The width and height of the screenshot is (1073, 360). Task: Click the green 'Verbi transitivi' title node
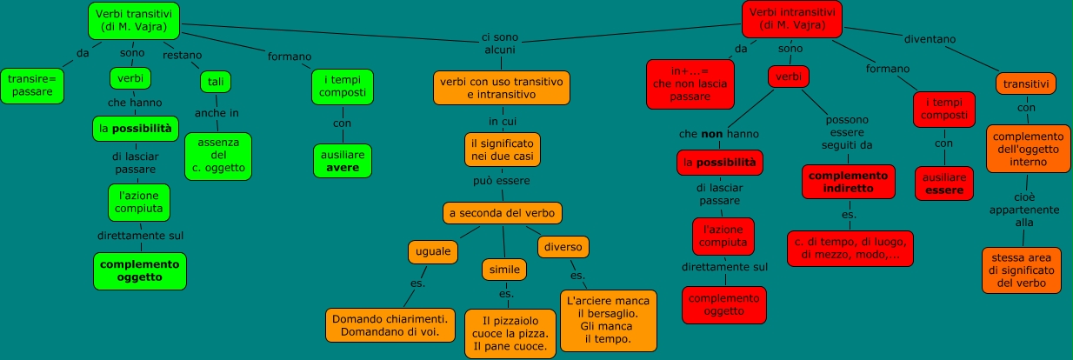point(133,21)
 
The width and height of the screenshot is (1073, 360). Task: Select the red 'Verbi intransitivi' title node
point(794,19)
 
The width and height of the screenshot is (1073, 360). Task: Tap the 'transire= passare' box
point(31,85)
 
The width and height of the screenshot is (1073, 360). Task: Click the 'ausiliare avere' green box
point(342,161)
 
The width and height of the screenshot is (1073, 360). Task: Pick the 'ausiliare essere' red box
point(943,183)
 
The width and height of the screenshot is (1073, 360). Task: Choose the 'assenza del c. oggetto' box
point(218,156)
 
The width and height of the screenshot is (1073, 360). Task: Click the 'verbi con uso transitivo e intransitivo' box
point(502,88)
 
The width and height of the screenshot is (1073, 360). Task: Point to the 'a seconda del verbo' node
point(502,212)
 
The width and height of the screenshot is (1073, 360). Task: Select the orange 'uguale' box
point(433,251)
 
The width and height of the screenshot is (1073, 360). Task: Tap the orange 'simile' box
point(504,270)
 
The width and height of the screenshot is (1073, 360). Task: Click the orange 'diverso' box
point(563,246)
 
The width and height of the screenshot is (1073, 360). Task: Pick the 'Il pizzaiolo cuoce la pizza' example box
point(510,334)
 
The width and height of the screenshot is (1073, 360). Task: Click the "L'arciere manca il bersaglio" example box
point(608,320)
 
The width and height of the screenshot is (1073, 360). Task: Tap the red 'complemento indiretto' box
point(848,181)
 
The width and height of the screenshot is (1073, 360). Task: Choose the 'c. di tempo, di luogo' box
point(850,248)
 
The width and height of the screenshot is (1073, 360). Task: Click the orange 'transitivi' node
point(1026,83)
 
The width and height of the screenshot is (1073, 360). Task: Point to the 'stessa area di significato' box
point(1022,270)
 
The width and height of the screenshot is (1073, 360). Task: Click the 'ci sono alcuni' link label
point(499,43)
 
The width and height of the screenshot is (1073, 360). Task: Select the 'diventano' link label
point(930,39)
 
